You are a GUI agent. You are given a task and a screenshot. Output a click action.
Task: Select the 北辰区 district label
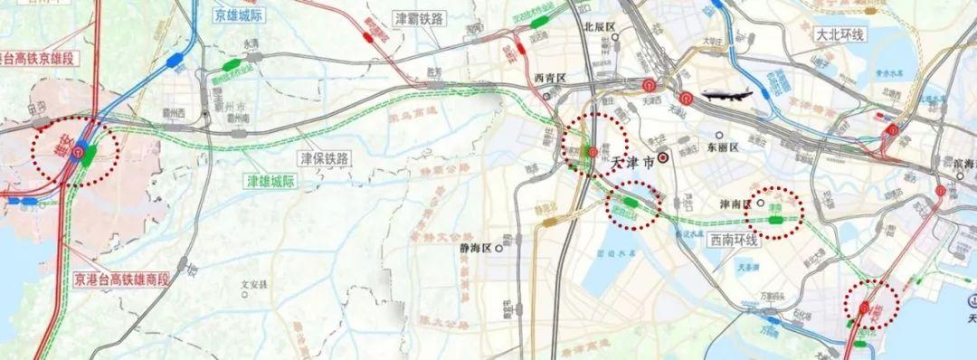[x=599, y=27]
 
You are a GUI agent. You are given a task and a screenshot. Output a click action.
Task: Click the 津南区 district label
[x=735, y=204]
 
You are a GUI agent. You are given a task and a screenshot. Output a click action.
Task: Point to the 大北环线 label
[x=839, y=35]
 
